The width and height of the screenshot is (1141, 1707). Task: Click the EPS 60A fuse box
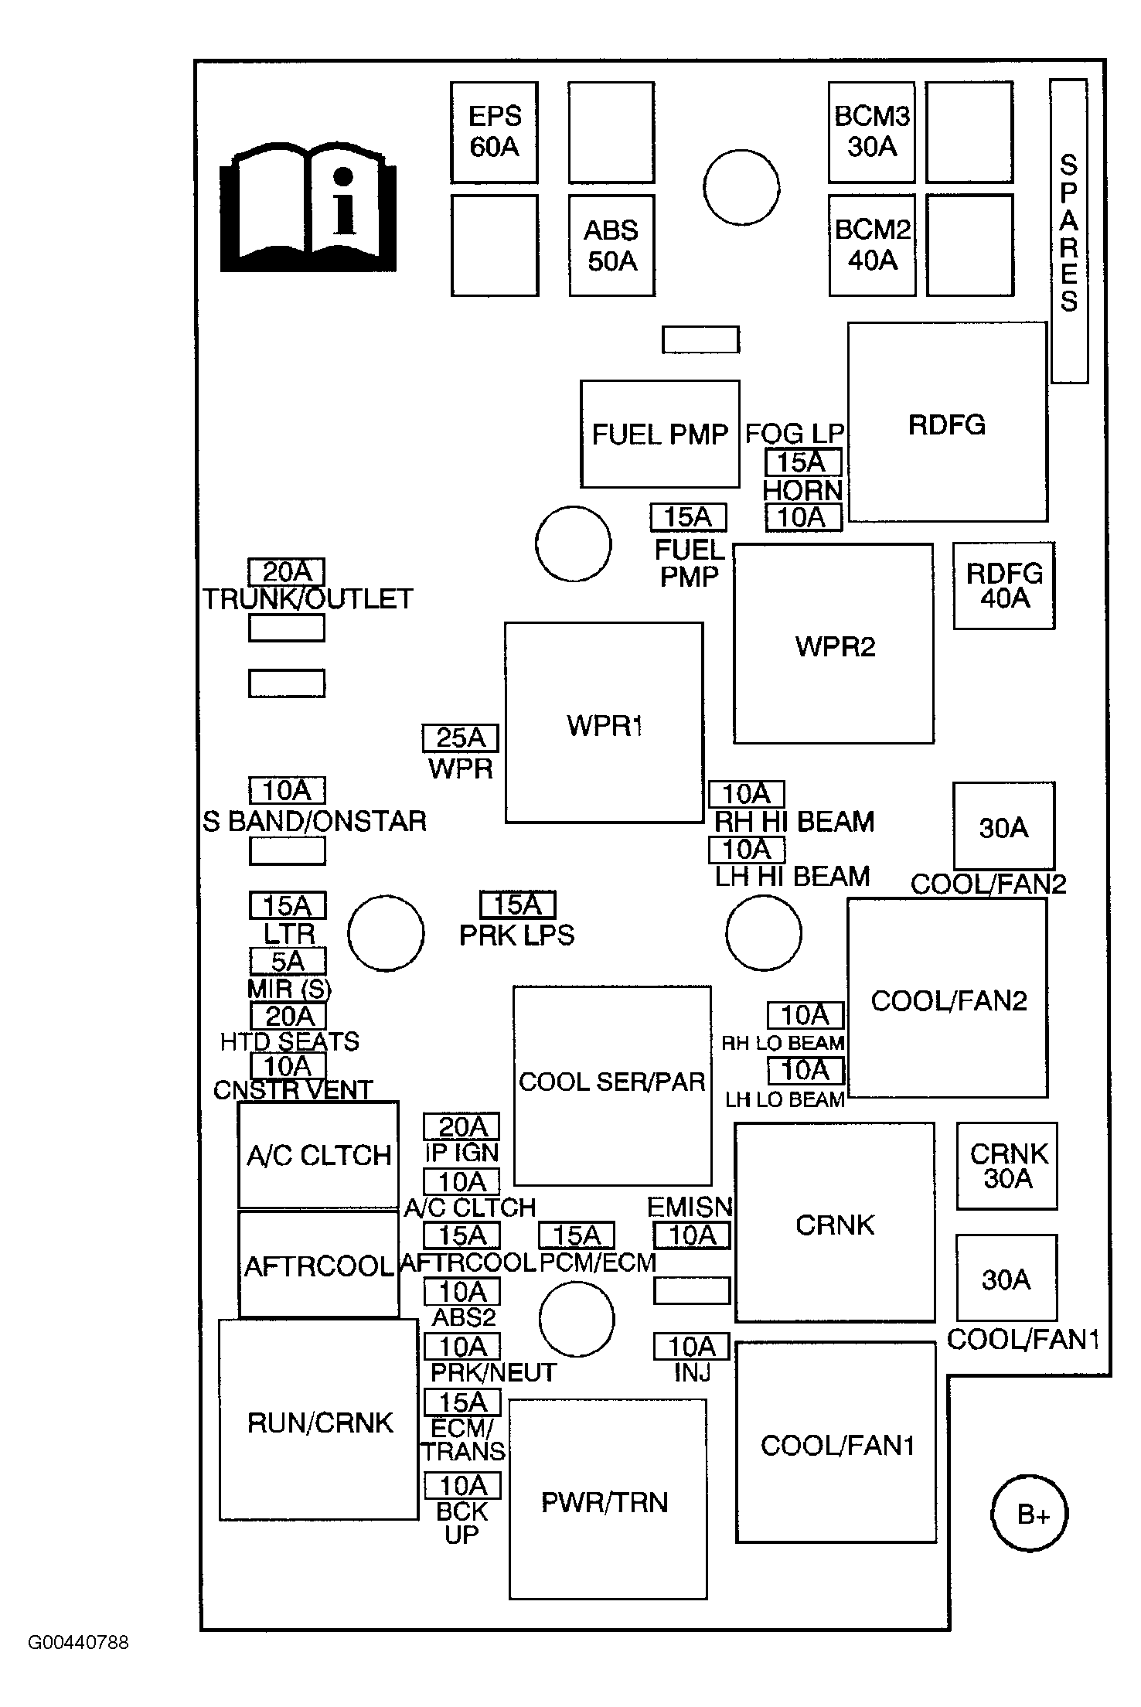pos(494,132)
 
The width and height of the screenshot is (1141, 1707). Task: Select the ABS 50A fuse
pos(611,246)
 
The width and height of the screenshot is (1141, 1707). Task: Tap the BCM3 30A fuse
pos(871,132)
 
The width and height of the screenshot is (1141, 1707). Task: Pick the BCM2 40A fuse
pos(871,246)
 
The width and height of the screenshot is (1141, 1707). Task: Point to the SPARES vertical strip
pos(1069,230)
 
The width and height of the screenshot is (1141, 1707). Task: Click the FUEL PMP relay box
pos(659,434)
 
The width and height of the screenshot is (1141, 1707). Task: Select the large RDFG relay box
pos(947,423)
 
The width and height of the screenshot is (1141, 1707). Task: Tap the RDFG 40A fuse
pos(1003,585)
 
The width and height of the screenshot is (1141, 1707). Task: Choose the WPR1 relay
pos(604,723)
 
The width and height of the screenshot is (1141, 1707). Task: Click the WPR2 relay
pos(833,644)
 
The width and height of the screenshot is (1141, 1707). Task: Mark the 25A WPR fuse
pos(460,738)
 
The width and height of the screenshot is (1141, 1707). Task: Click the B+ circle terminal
pos(1030,1514)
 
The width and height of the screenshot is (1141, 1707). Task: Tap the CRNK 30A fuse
pos(1006,1166)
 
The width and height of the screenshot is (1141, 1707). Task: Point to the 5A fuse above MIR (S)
pos(288,961)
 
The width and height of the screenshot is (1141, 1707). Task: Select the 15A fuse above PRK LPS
pos(517,905)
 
